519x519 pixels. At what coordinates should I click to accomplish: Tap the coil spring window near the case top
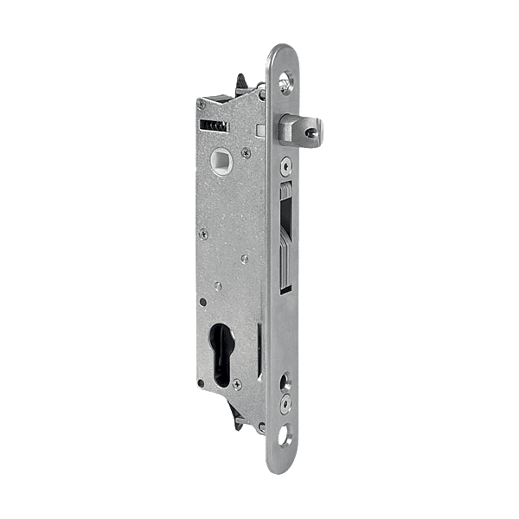click(x=213, y=125)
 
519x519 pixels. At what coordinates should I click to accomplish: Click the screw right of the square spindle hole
click(x=247, y=154)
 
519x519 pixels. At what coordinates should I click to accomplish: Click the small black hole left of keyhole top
click(x=203, y=300)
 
